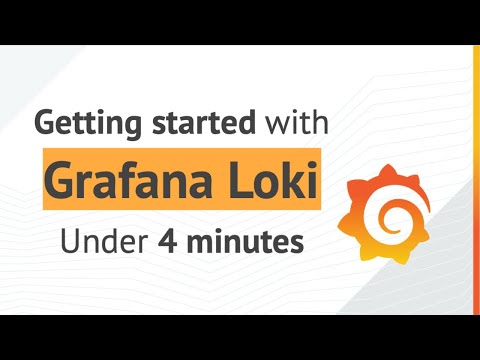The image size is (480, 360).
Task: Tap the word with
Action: tap(294, 124)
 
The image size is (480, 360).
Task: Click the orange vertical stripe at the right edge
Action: tap(477, 180)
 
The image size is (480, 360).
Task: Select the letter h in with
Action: tap(320, 123)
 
